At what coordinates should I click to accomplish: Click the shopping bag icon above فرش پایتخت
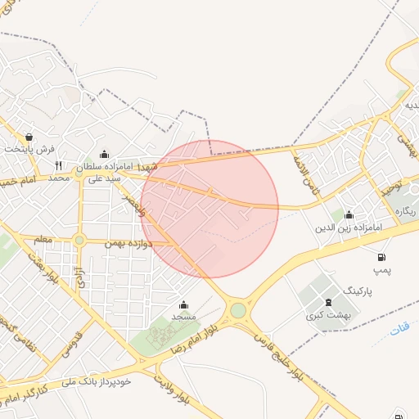coord(29,137)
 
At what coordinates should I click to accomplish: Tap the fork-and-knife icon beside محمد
coord(58,164)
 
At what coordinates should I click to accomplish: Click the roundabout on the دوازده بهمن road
coord(79,240)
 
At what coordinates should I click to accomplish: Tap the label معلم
coord(43,239)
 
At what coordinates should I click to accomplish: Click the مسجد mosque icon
coord(182,304)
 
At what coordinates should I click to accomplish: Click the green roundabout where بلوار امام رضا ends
coord(238,310)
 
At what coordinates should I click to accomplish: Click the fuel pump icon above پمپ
coord(379,256)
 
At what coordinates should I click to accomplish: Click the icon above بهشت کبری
coord(327,303)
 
